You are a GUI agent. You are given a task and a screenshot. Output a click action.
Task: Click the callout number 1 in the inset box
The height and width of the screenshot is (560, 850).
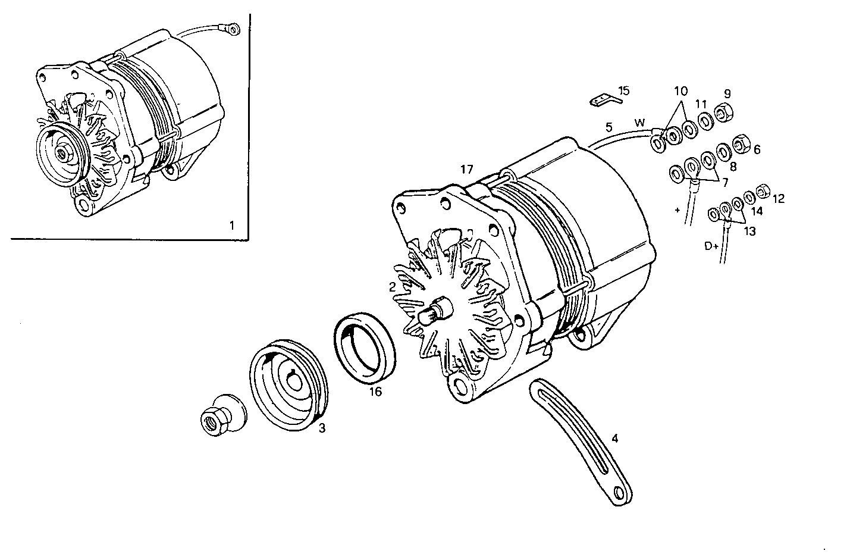pyautogui.click(x=232, y=226)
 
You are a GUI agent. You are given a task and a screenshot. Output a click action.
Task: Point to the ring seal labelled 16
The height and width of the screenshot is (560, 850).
pyautogui.click(x=365, y=348)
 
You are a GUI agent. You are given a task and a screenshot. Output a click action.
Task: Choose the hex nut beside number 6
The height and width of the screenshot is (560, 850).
pyautogui.click(x=741, y=143)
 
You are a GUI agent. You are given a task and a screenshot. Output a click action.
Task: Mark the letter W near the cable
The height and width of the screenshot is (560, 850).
pyautogui.click(x=639, y=123)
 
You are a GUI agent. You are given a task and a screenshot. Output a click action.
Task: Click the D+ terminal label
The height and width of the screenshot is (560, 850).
pyautogui.click(x=711, y=246)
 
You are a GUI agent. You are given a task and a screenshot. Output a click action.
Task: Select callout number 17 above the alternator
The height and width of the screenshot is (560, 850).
pyautogui.click(x=466, y=170)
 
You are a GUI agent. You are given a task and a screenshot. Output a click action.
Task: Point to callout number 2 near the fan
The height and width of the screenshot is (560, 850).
pyautogui.click(x=393, y=287)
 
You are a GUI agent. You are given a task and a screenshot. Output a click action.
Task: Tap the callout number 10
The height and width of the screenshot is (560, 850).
pyautogui.click(x=680, y=91)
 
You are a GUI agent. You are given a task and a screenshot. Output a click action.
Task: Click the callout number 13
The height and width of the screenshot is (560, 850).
pyautogui.click(x=749, y=231)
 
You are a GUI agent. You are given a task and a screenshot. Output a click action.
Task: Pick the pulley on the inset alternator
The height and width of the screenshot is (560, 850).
pyautogui.click(x=62, y=152)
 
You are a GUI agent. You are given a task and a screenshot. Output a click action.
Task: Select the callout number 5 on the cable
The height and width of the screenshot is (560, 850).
pyautogui.click(x=609, y=127)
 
